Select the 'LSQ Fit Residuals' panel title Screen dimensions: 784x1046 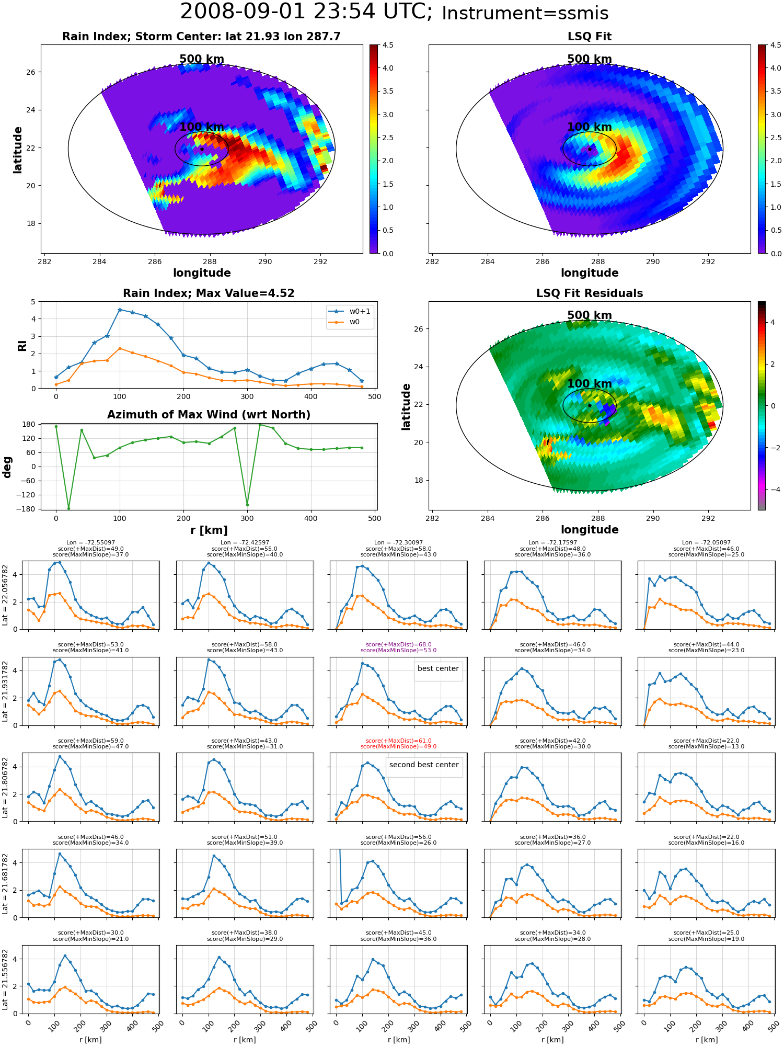point(590,293)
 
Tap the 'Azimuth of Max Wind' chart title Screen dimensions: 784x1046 point(209,415)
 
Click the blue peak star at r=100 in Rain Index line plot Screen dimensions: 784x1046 point(120,310)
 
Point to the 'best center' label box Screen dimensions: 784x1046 point(438,669)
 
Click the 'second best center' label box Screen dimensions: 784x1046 point(424,765)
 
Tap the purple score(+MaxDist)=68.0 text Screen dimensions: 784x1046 point(399,645)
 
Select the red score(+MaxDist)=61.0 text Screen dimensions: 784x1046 point(399,741)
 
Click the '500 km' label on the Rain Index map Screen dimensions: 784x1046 point(202,59)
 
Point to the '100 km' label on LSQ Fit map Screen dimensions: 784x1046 point(590,127)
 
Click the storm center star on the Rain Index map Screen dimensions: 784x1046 point(202,149)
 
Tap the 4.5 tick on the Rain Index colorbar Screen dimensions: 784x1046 point(388,45)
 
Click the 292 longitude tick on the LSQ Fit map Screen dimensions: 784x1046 point(708,261)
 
